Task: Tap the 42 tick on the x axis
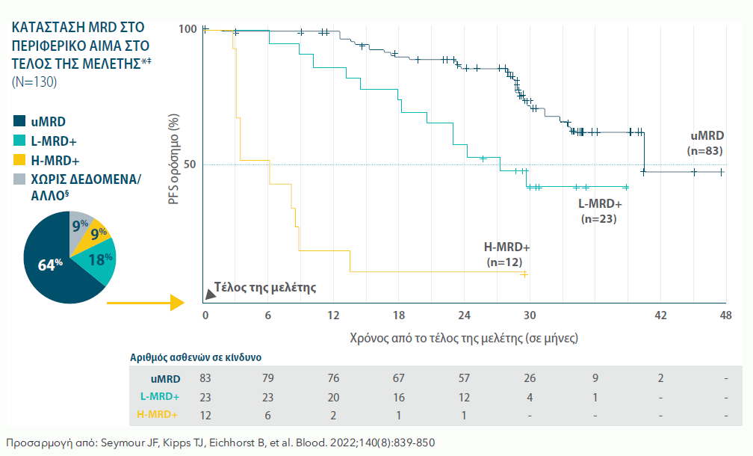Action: coord(660,315)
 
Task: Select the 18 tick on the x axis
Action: coord(399,315)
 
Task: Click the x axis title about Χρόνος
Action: coord(463,338)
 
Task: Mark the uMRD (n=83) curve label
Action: coord(706,143)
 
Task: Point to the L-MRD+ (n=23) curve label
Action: coord(599,211)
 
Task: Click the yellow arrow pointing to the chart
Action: coord(146,303)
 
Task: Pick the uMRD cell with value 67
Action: coord(399,379)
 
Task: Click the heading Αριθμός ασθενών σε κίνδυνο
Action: coord(196,358)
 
